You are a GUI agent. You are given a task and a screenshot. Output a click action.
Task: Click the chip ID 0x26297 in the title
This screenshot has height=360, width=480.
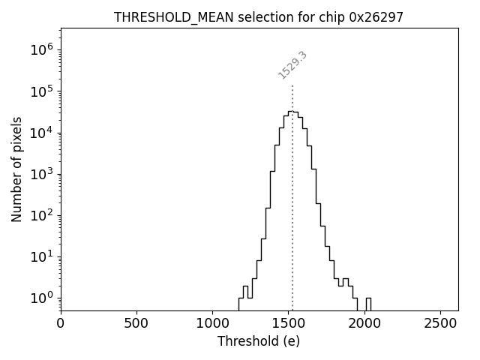[376, 17]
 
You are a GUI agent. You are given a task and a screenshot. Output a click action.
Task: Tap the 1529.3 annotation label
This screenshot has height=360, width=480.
[292, 65]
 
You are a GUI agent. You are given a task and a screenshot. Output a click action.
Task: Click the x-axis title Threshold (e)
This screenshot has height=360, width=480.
[259, 341]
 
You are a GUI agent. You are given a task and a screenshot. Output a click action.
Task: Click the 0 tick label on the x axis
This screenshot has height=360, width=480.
[61, 324]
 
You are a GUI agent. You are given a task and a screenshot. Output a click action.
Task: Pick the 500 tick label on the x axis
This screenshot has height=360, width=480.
[136, 324]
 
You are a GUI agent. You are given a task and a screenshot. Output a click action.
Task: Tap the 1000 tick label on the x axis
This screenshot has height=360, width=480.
[212, 324]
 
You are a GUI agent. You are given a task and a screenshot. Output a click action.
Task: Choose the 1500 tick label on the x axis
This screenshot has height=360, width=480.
[288, 324]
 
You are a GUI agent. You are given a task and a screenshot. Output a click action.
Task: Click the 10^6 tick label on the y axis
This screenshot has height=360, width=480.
[42, 50]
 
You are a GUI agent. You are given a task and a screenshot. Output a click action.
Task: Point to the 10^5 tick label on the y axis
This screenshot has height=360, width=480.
[42, 91]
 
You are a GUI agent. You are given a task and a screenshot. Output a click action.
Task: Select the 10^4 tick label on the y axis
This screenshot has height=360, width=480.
[42, 133]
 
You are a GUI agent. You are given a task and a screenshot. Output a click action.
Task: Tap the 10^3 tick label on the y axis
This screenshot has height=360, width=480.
[42, 174]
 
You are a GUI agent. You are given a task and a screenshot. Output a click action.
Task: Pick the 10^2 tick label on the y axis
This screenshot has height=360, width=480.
[42, 215]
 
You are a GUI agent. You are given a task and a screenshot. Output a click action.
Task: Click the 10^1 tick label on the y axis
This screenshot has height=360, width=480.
[42, 256]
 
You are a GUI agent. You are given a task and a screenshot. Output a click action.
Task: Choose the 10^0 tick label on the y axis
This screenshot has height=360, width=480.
[42, 298]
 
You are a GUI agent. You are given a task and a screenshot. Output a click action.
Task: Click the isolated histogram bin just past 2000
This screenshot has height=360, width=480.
[368, 303]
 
